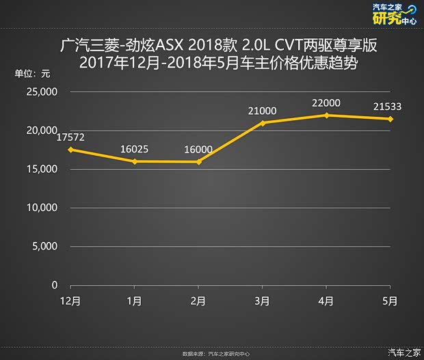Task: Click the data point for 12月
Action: (70, 150)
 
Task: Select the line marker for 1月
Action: (135, 161)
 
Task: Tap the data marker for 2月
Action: (198, 162)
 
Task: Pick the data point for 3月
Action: (263, 123)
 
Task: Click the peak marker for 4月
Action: (326, 115)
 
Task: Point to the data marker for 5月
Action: (390, 119)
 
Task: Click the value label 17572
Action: (70, 137)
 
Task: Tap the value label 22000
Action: (326, 102)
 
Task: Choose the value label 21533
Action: (387, 106)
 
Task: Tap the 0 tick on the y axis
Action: (55, 285)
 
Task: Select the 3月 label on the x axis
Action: (263, 301)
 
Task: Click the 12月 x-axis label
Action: (70, 301)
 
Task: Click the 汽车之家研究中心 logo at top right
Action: (393, 14)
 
